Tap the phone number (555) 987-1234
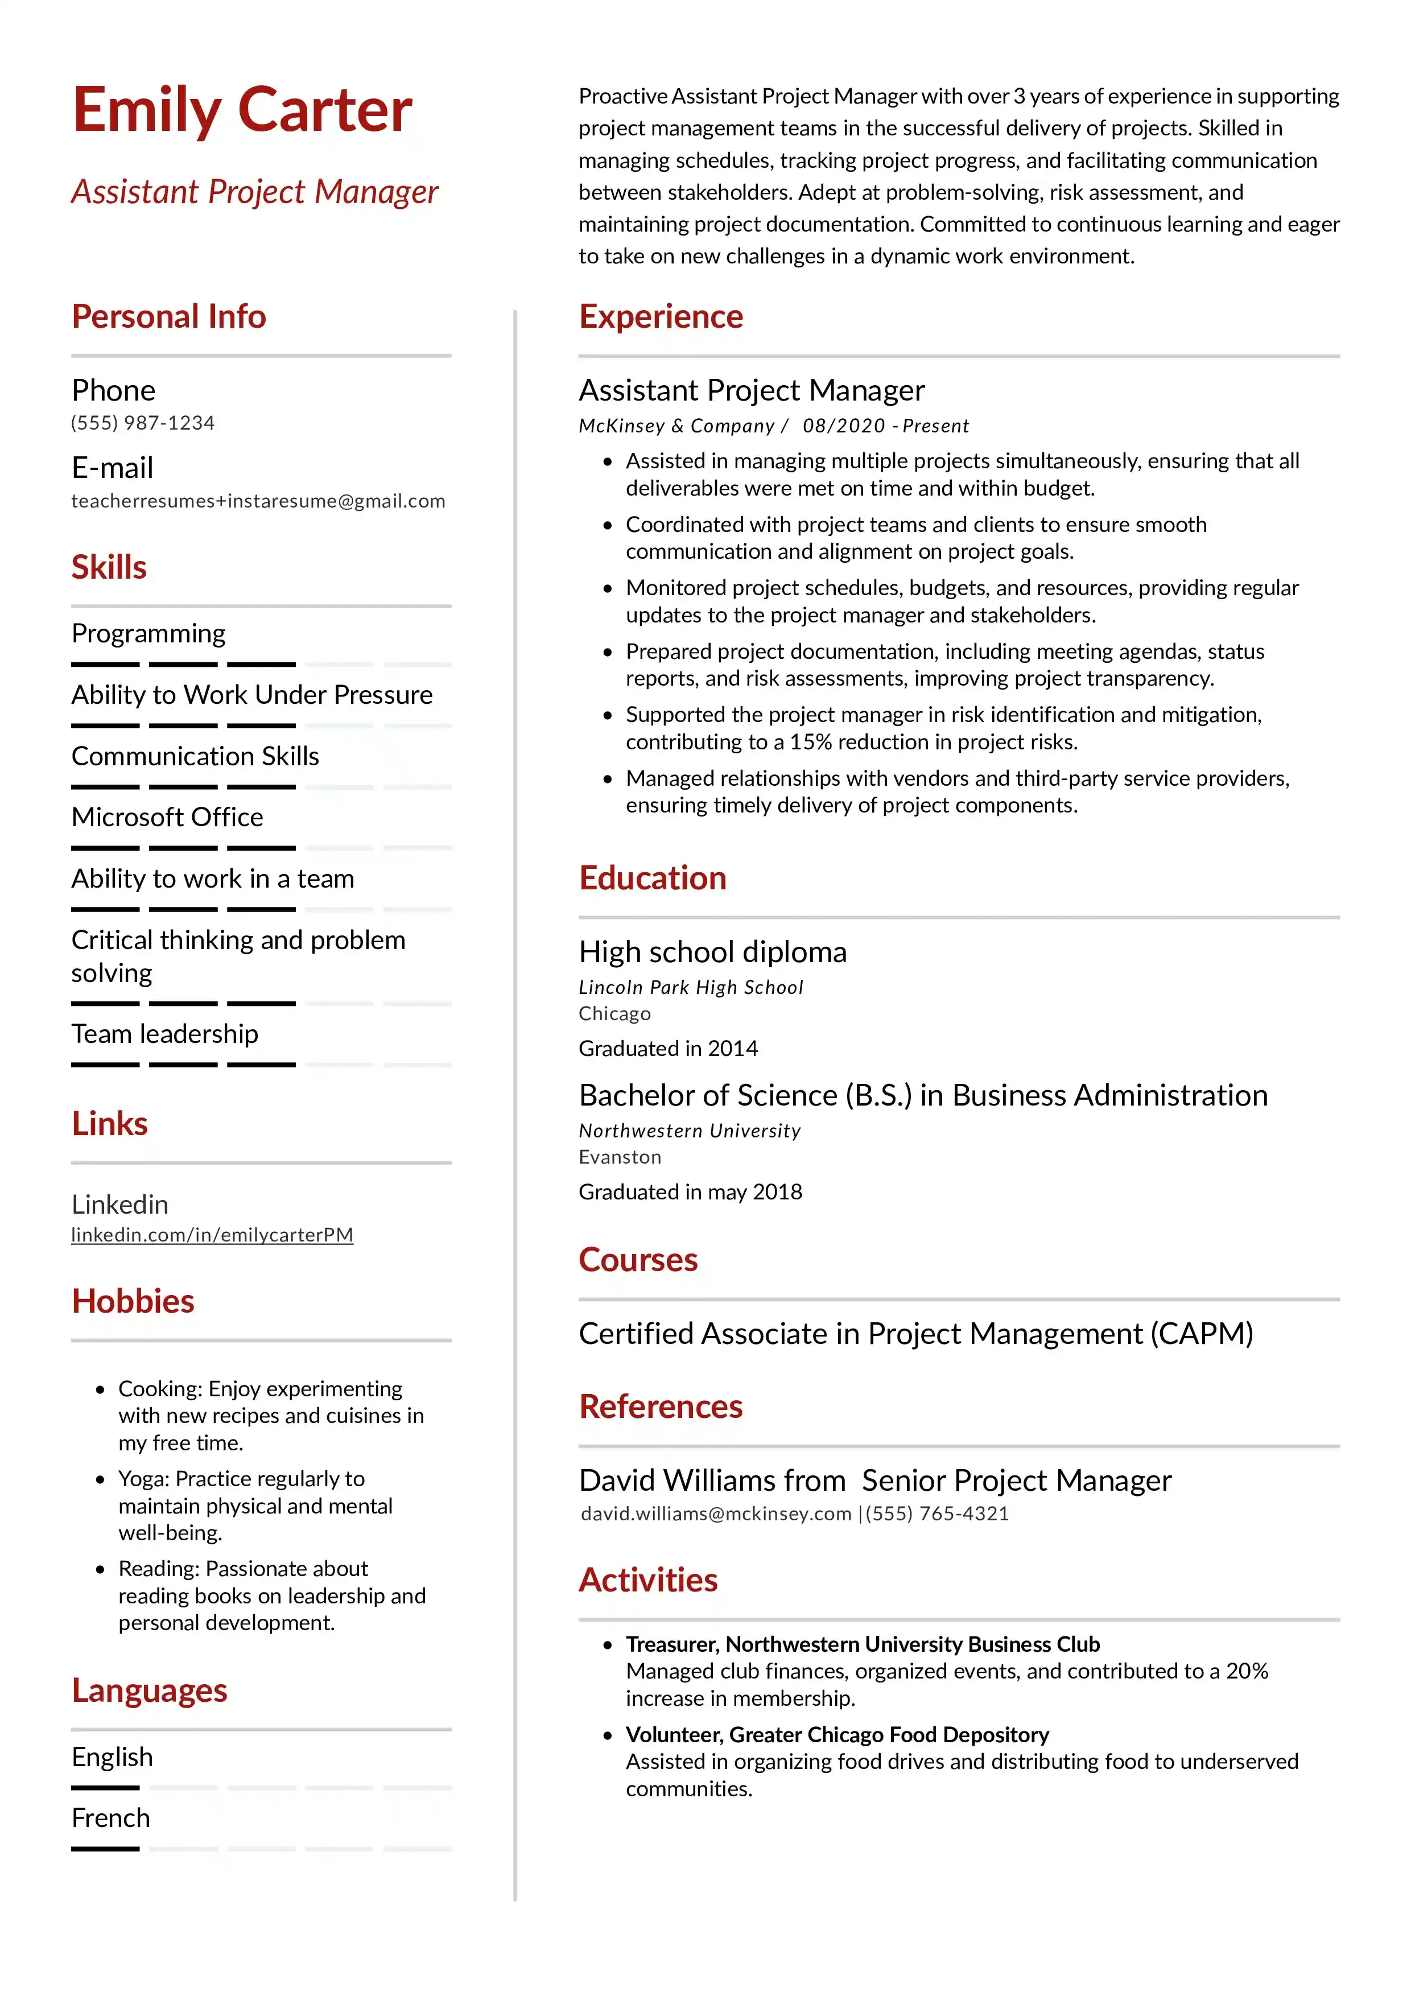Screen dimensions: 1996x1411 click(x=143, y=423)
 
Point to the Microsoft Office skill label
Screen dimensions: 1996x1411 click(x=167, y=817)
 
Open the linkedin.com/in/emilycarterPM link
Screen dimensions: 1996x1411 click(x=212, y=1235)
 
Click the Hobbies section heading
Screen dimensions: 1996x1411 click(x=133, y=1301)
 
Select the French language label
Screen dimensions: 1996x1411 click(x=110, y=1818)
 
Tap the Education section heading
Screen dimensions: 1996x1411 click(x=652, y=878)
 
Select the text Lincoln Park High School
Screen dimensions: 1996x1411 click(x=690, y=988)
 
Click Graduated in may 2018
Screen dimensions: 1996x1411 click(x=690, y=1192)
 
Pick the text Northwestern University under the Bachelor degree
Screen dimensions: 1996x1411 click(x=690, y=1131)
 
